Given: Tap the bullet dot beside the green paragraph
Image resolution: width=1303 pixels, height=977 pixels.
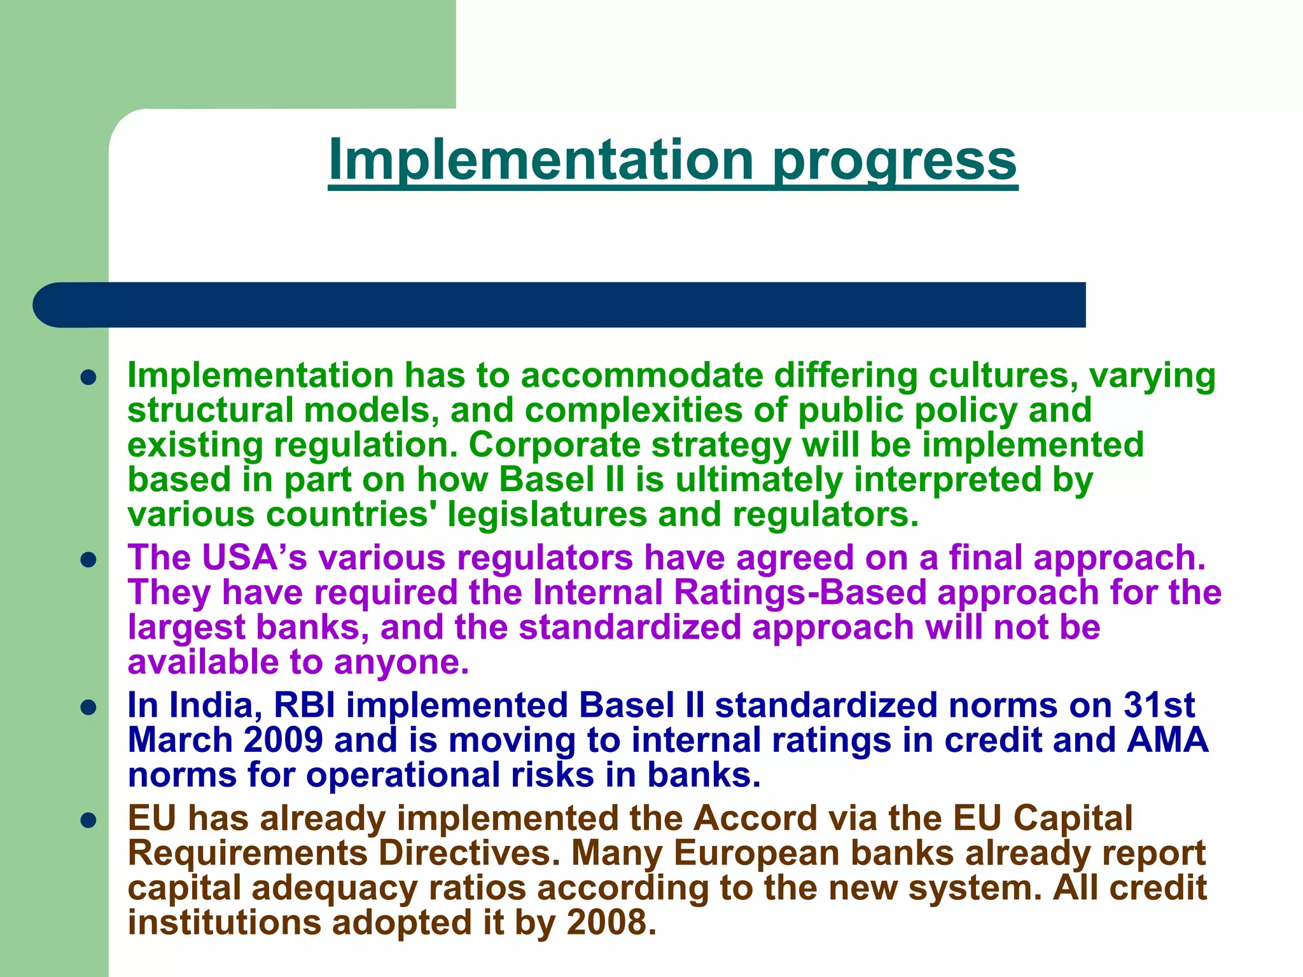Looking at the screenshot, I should pyautogui.click(x=88, y=378).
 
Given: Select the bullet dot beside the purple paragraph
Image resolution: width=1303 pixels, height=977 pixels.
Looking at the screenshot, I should pyautogui.click(x=88, y=560).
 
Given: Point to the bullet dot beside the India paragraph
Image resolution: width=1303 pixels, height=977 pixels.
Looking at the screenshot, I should pyautogui.click(x=88, y=707).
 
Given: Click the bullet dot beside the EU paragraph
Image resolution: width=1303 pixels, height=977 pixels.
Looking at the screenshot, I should pyautogui.click(x=88, y=821).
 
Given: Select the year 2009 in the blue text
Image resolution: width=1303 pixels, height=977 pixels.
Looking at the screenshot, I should pyautogui.click(x=283, y=740).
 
